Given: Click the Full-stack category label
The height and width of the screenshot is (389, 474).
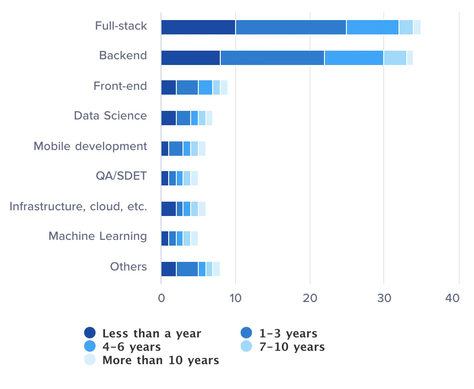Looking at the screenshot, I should click(121, 26).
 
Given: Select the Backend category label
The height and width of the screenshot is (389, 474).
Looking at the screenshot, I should click(123, 55).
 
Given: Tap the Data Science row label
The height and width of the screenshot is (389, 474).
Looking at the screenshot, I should click(110, 116).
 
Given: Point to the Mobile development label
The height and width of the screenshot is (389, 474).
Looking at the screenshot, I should click(90, 146).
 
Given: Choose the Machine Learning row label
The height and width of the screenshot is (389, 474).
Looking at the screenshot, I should click(98, 236).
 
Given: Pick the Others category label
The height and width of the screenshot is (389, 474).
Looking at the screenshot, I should click(129, 266).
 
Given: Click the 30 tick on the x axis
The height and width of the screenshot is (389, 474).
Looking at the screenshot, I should click(384, 298).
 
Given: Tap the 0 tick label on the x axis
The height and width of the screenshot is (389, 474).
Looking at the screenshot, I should click(161, 298).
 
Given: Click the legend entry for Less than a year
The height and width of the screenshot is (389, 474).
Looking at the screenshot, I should click(151, 333).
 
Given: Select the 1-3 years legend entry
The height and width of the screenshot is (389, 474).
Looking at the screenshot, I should click(288, 333).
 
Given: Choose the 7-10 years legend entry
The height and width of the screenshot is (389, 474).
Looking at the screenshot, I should click(292, 346).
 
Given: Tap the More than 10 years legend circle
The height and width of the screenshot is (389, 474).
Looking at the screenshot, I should click(90, 360).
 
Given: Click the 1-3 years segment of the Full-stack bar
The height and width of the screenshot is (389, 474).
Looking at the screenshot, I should click(291, 27).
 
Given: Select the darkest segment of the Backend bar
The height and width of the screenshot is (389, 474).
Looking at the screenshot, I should click(190, 57).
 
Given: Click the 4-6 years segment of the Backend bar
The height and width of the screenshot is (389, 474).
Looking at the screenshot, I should click(354, 57).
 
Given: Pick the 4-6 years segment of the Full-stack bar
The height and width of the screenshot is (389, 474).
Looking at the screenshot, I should click(372, 27).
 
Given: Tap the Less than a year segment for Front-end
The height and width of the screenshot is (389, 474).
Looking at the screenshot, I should click(169, 87).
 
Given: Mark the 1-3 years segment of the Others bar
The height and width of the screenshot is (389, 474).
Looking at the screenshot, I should click(187, 269).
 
